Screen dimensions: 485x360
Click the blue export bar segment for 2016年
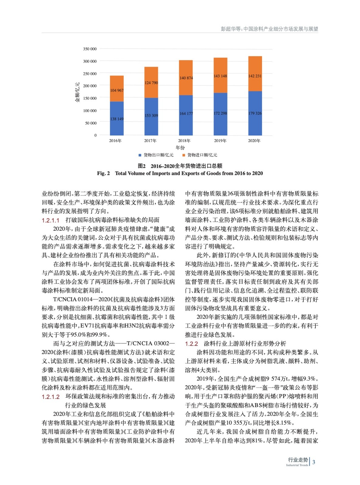click(x=116, y=118)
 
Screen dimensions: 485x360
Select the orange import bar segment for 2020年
click(x=255, y=74)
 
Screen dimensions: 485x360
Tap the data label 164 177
click(x=186, y=114)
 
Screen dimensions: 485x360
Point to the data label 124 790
click(x=151, y=83)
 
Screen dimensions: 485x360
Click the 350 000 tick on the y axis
click(x=90, y=49)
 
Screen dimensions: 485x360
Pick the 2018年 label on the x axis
click(x=184, y=141)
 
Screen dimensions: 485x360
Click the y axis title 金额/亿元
click(x=77, y=92)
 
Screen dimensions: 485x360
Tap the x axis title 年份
click(x=180, y=148)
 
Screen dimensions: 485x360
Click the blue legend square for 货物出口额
click(x=140, y=155)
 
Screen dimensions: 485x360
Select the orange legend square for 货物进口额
click(x=183, y=155)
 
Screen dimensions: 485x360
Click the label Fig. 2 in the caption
click(x=103, y=173)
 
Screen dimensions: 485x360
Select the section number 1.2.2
click(x=191, y=344)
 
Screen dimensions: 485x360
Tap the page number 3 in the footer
click(x=314, y=462)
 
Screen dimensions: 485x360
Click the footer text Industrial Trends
click(x=297, y=465)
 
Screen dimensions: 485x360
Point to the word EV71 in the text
click(x=87, y=326)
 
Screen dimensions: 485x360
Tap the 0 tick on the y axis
click(x=96, y=135)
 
